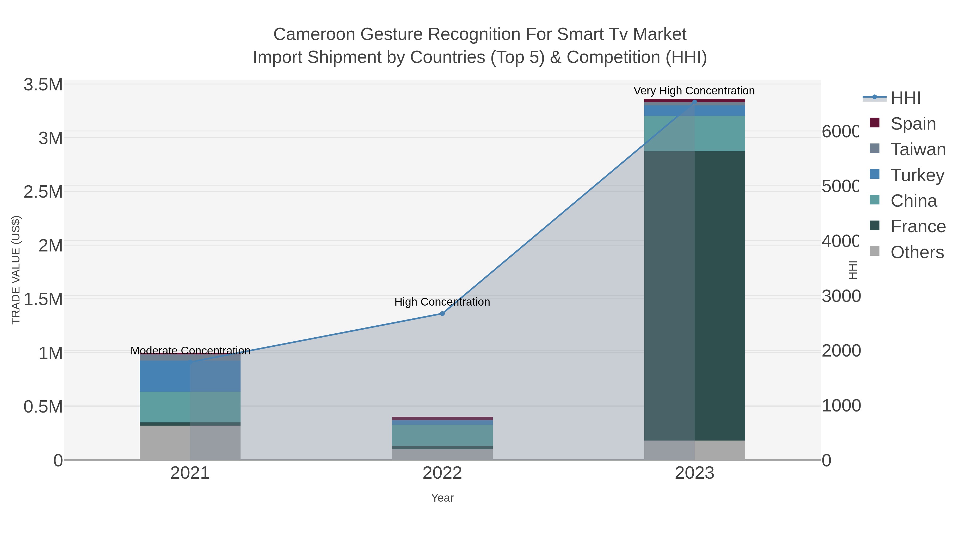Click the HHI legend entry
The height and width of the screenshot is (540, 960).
(905, 98)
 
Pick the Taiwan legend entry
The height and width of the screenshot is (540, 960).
(918, 149)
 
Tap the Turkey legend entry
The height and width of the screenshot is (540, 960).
(917, 175)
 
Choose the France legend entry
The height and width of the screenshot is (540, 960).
(918, 227)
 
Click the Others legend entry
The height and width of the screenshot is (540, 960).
(917, 252)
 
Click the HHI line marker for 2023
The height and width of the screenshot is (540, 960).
(694, 102)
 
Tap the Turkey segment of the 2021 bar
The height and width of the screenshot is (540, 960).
(190, 376)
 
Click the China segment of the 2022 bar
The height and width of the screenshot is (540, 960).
(442, 435)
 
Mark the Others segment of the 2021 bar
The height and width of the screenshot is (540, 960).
(190, 442)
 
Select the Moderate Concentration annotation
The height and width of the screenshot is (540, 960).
(190, 350)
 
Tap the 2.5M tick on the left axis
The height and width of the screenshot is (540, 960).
(43, 192)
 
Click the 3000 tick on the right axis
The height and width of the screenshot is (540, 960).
(841, 296)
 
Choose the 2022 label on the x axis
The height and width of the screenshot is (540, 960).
(442, 473)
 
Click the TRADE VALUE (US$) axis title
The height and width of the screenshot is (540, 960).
(16, 270)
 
